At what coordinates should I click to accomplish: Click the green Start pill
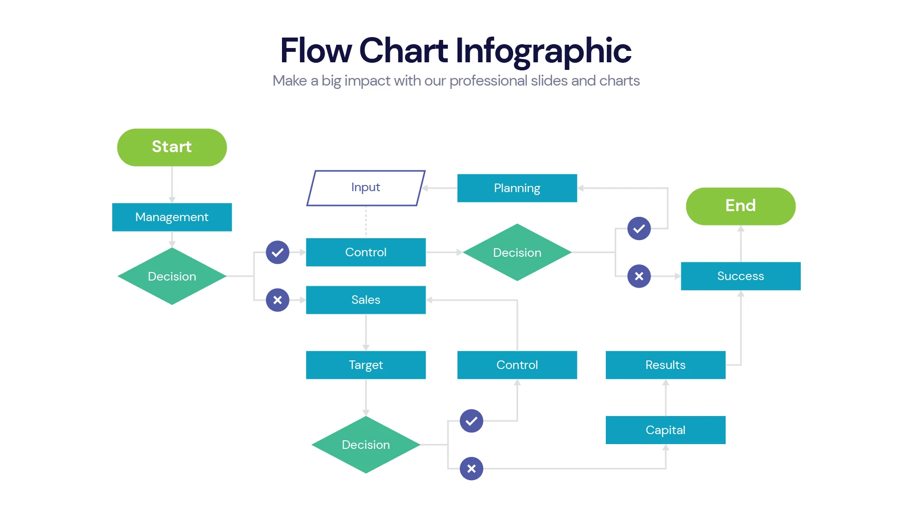pos(172,147)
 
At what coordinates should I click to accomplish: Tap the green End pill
pos(740,206)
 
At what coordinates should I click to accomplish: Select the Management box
pos(172,217)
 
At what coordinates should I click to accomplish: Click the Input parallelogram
pos(366,188)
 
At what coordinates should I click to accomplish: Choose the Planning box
pos(517,188)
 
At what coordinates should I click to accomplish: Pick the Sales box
pos(366,300)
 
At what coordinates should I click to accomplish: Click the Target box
pos(366,365)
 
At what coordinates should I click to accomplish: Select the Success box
pos(740,276)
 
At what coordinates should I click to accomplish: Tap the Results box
pos(665,365)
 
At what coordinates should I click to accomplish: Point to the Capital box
pos(665,430)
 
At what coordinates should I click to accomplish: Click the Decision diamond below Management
pos(172,276)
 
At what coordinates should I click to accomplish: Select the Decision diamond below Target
pos(366,445)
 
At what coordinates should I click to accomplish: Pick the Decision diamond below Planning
pos(517,252)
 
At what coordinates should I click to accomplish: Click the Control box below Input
pos(366,252)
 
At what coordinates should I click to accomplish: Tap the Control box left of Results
pos(517,365)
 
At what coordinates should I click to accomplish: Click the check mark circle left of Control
pos(278,252)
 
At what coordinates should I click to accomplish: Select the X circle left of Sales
pos(278,300)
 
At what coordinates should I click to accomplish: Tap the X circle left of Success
pos(639,276)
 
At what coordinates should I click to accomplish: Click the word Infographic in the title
pos(543,51)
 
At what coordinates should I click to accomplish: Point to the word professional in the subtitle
pos(488,81)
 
